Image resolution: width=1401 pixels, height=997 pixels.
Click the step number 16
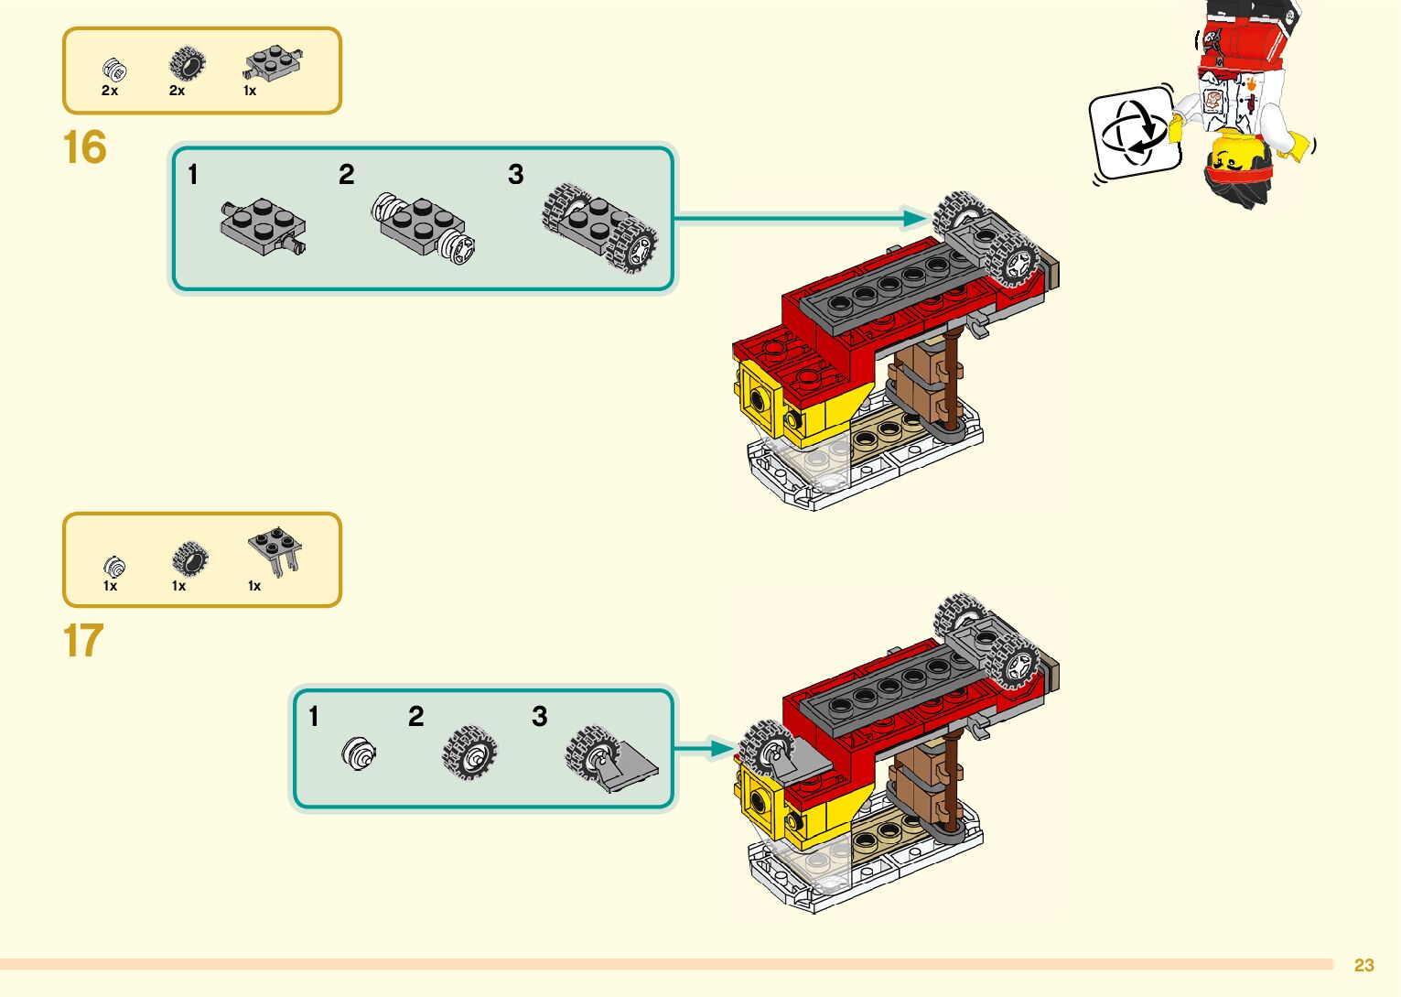pyautogui.click(x=84, y=148)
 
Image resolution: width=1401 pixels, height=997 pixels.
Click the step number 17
pyautogui.click(x=82, y=641)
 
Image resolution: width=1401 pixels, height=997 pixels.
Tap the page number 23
pyautogui.click(x=1363, y=965)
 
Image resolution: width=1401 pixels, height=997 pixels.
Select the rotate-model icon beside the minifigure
pyautogui.click(x=1135, y=134)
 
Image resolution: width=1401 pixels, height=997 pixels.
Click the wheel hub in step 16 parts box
pyautogui.click(x=113, y=69)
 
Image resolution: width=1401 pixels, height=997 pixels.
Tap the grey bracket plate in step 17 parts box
pyautogui.click(x=275, y=551)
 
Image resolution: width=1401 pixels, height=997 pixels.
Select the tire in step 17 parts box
pyautogui.click(x=189, y=558)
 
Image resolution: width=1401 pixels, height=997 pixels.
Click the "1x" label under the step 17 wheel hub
pyautogui.click(x=110, y=586)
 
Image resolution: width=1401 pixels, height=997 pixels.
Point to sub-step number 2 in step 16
pyautogui.click(x=346, y=175)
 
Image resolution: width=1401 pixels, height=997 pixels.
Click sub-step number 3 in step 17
pyautogui.click(x=539, y=716)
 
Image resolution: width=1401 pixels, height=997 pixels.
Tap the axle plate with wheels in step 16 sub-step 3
pyautogui.click(x=600, y=228)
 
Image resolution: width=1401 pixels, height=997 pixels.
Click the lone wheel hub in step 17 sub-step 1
pyautogui.click(x=359, y=753)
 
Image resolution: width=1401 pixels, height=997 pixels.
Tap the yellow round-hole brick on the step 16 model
pyautogui.click(x=760, y=398)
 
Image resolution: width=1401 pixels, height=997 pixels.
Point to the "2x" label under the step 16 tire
pyautogui.click(x=177, y=91)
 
